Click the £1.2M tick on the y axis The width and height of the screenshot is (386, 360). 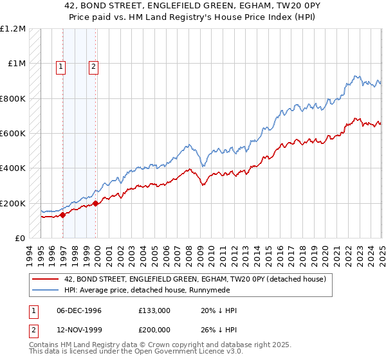click(x=13, y=29)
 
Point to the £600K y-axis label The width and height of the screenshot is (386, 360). click(x=13, y=134)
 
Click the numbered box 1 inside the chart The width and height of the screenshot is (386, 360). click(x=61, y=66)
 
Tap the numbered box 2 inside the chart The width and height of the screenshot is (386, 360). click(x=93, y=66)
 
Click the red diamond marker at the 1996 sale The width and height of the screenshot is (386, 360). click(x=63, y=215)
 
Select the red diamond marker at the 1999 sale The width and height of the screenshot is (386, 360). click(x=96, y=203)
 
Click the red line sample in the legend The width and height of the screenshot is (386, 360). click(x=46, y=279)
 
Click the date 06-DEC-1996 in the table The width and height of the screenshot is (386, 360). click(x=79, y=310)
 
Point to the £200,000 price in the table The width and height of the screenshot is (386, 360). click(x=154, y=330)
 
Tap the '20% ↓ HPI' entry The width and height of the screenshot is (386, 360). click(x=219, y=310)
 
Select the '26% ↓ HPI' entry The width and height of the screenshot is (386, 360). click(x=219, y=330)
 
